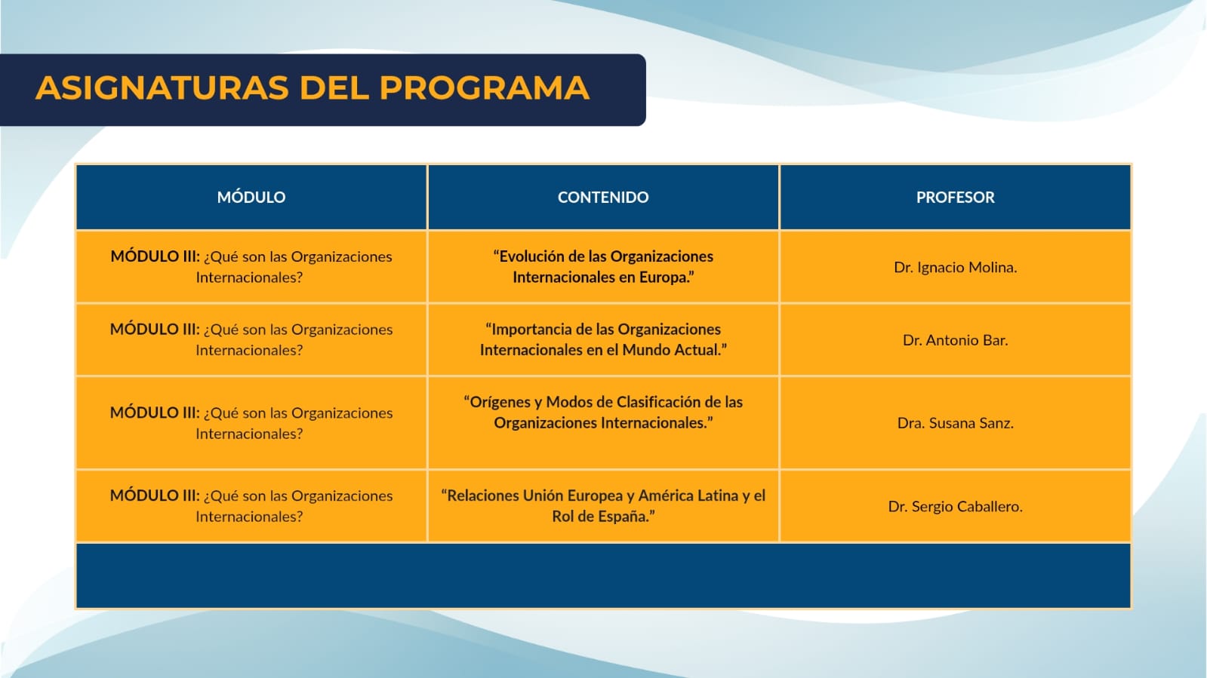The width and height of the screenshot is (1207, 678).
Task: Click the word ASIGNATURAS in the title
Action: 162,87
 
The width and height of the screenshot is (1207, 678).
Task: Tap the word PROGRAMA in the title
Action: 485,87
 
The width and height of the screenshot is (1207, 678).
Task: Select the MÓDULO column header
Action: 251,197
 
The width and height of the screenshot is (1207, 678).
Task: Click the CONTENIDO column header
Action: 603,197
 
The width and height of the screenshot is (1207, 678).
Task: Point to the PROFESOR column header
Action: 956,197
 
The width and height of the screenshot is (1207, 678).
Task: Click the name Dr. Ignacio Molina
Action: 956,268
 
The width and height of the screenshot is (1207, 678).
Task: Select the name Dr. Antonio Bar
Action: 956,340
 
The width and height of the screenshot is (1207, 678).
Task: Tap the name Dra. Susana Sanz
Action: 956,423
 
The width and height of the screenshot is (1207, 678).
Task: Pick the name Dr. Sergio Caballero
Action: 956,507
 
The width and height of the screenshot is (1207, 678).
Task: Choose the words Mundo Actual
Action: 671,350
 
